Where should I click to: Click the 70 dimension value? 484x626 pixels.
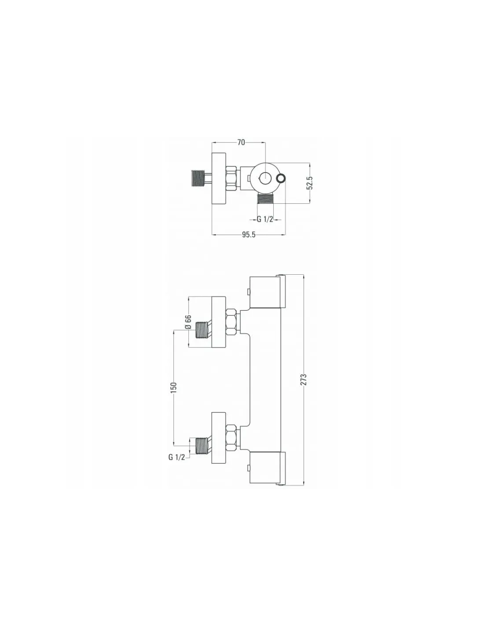241,142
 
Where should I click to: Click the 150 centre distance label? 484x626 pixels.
174,387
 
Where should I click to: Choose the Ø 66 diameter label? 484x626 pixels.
188,322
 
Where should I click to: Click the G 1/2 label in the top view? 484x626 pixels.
264,220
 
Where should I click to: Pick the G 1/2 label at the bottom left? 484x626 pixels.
176,457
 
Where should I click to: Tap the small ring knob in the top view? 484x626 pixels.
281,178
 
